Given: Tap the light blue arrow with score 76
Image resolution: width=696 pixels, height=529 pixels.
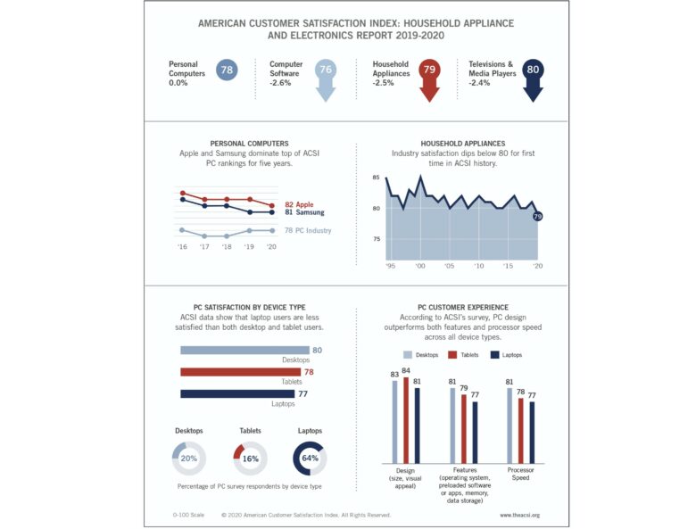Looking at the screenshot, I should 326,76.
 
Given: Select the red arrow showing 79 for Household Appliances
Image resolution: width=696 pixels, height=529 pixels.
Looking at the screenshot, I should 430,76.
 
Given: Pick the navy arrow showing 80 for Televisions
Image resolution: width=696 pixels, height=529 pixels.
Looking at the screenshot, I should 534,76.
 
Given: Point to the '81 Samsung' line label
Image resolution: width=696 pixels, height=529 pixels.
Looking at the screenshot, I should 304,213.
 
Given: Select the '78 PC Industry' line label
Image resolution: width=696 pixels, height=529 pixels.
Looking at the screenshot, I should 308,231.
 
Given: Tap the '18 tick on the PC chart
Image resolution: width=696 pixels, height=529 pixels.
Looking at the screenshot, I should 227,246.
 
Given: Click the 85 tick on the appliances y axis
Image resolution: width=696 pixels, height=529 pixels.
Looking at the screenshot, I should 377,178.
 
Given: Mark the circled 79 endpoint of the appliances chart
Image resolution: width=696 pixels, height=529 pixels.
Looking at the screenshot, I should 537,216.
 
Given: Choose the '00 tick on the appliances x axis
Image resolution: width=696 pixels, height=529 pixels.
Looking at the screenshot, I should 420,266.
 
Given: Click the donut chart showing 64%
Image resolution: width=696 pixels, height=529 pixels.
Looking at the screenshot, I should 311,458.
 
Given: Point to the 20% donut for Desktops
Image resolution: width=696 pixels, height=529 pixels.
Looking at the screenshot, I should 189,458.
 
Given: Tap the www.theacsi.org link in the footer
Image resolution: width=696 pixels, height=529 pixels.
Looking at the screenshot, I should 520,515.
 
